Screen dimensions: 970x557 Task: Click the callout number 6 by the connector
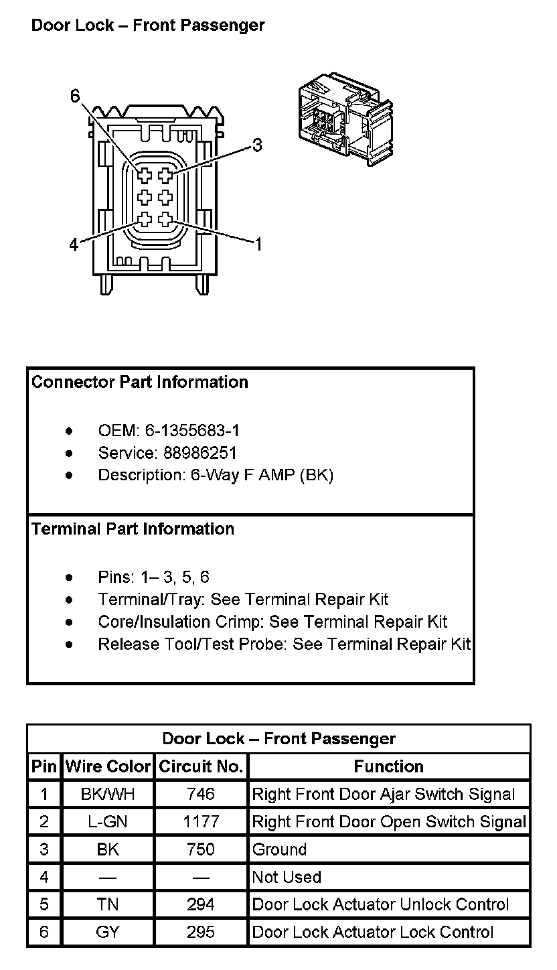(x=75, y=97)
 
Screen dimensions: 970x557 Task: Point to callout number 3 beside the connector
(x=257, y=145)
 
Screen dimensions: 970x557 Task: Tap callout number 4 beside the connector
(x=74, y=245)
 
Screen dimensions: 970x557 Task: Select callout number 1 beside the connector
(x=257, y=244)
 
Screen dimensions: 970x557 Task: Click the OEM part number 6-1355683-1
(x=193, y=430)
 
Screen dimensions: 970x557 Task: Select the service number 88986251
(x=200, y=453)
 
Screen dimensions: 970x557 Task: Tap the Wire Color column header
(x=108, y=766)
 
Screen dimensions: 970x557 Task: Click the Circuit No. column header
(x=201, y=766)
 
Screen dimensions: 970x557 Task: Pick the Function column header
(x=388, y=766)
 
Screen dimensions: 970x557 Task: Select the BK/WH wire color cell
(x=108, y=794)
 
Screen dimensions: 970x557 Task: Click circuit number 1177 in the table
(x=201, y=822)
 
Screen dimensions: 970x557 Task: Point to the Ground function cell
(x=280, y=849)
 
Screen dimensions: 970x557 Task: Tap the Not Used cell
(x=287, y=877)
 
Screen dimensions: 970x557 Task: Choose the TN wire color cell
(x=108, y=904)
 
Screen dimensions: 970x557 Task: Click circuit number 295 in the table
(x=201, y=932)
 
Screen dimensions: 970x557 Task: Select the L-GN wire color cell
(x=108, y=822)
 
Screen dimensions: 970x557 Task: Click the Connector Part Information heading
(x=140, y=382)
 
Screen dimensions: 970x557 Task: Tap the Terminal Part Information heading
(x=133, y=529)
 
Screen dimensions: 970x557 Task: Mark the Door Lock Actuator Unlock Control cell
(x=380, y=904)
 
